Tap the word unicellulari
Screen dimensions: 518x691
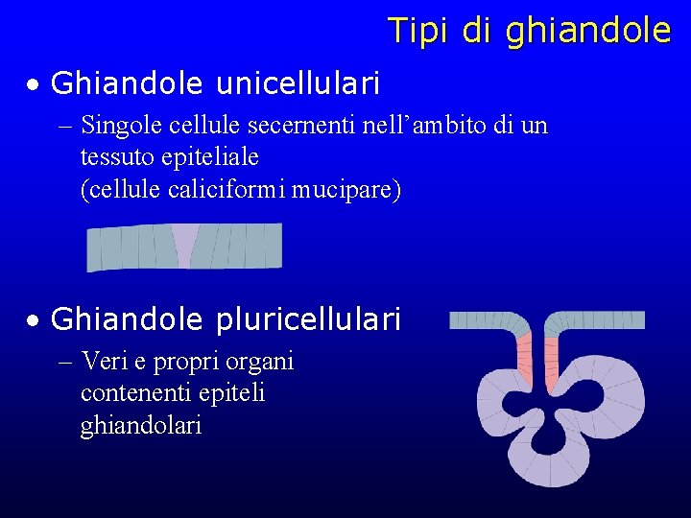tap(298, 84)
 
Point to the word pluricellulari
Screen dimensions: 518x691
tap(308, 319)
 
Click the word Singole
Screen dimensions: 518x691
tap(121, 126)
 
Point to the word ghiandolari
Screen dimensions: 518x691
tap(140, 426)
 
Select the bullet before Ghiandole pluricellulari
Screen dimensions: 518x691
tap(33, 321)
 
